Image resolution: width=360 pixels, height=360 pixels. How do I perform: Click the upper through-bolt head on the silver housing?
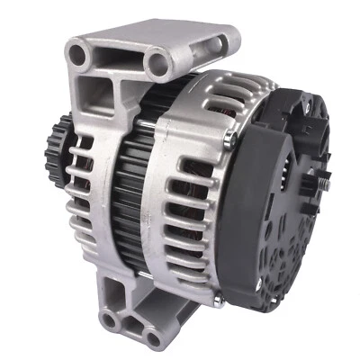[232, 137]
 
